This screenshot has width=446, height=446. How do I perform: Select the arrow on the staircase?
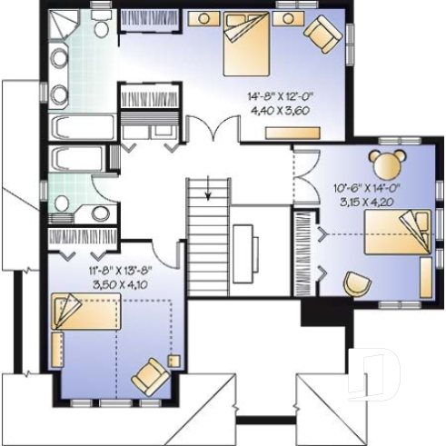tap(208, 192)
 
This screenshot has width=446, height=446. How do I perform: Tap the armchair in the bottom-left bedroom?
tap(151, 373)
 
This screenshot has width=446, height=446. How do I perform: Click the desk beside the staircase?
tap(243, 246)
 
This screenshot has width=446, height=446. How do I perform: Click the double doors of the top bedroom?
tap(214, 129)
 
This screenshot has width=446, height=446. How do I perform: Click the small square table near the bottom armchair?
tap(173, 361)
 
